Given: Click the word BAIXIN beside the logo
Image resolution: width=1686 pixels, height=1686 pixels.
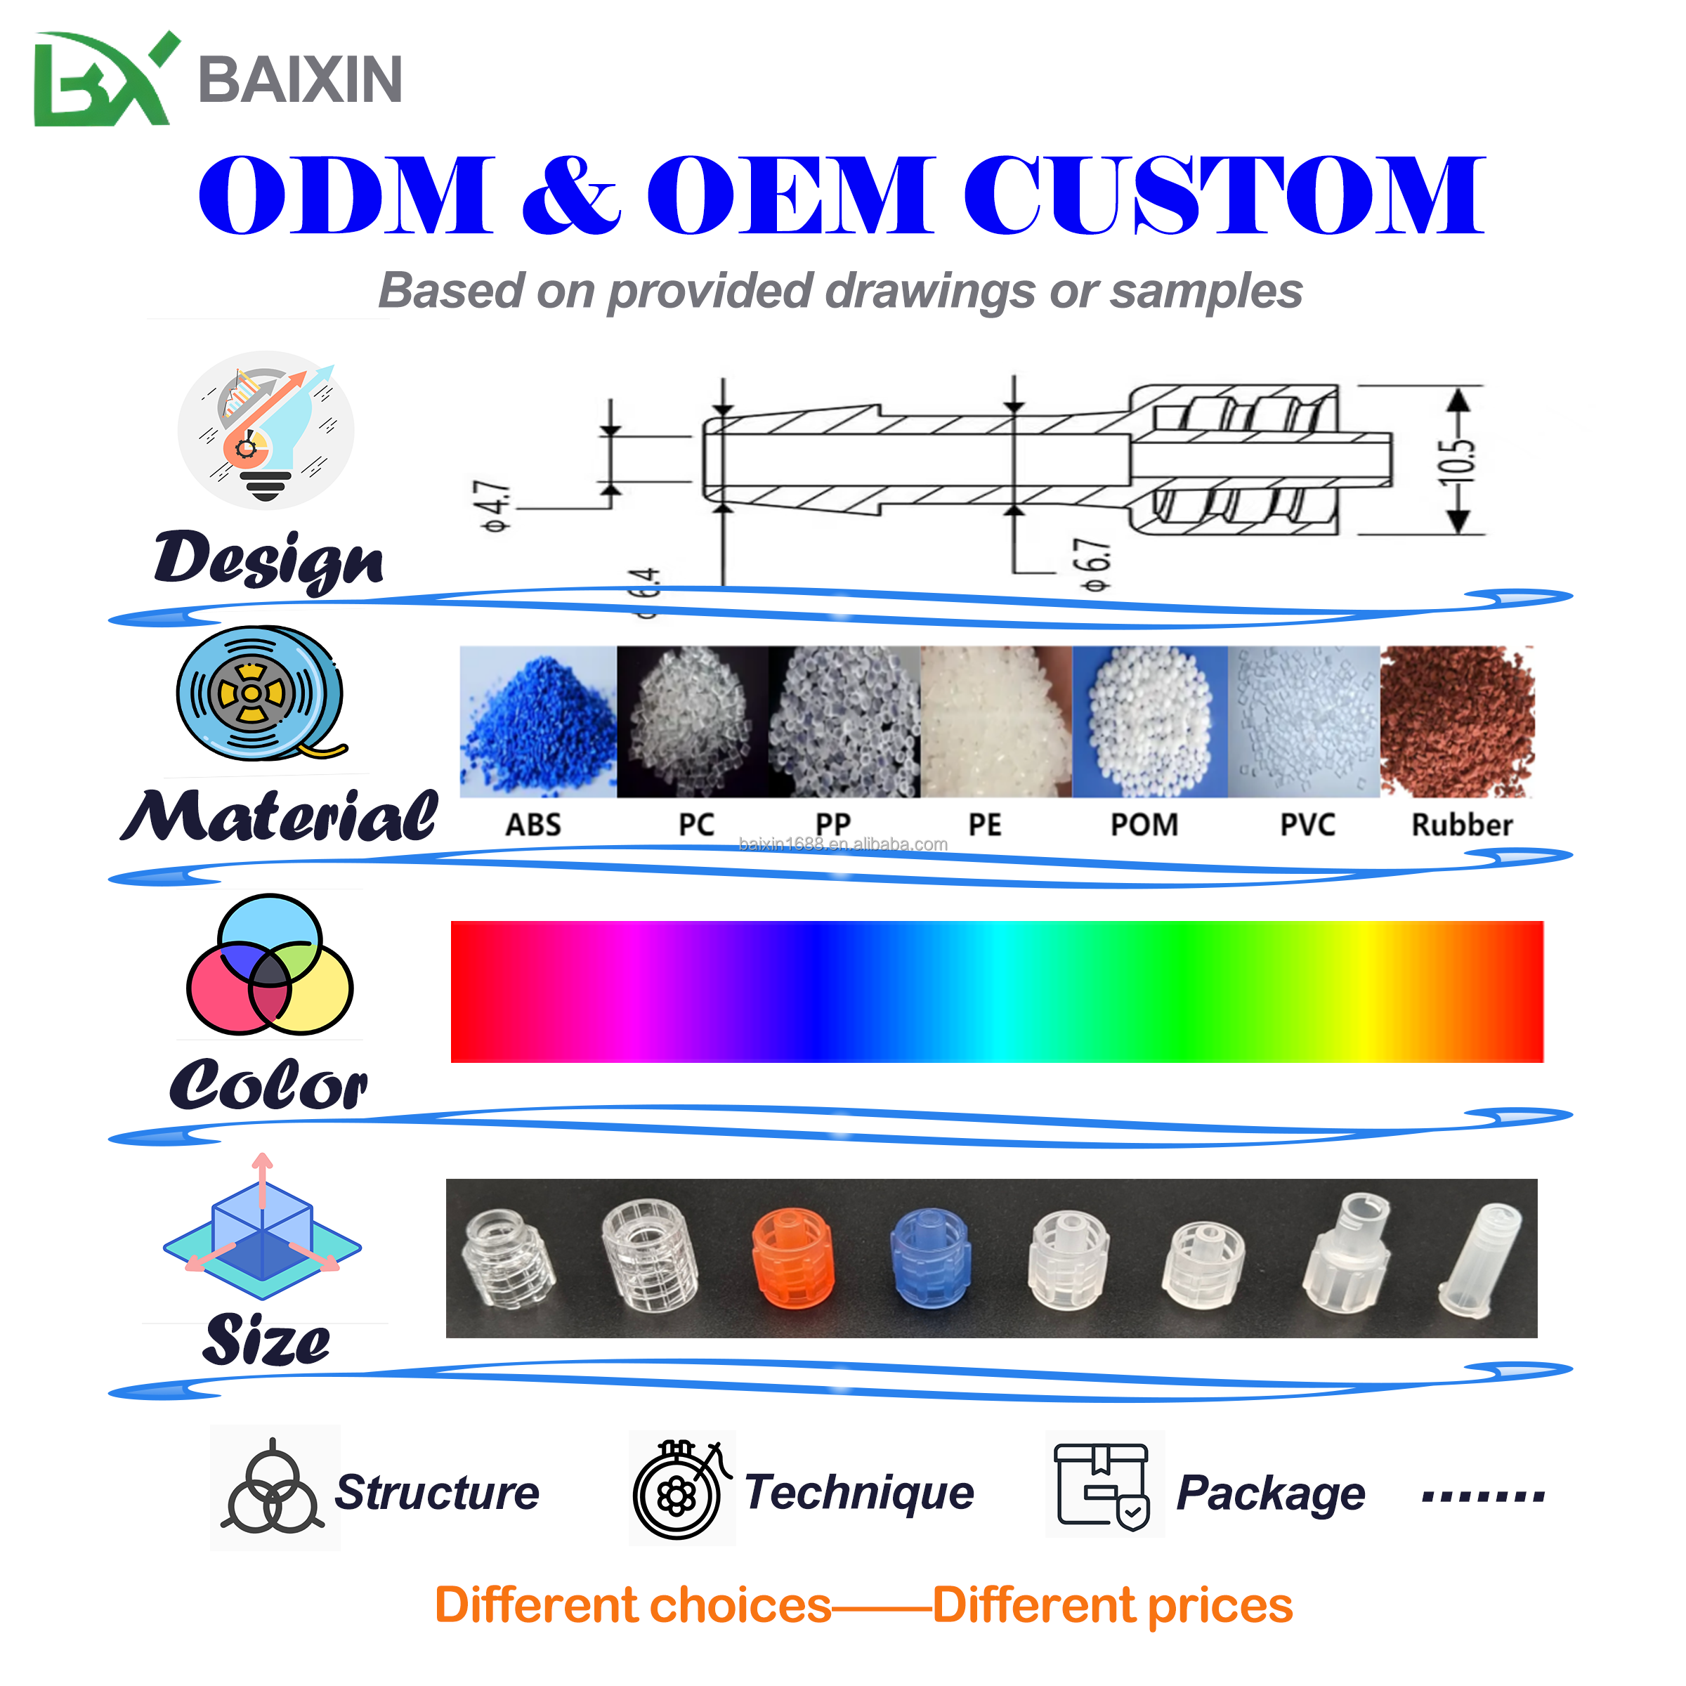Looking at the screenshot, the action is click(x=300, y=79).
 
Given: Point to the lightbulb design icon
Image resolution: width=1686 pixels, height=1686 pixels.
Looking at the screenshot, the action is click(x=266, y=430).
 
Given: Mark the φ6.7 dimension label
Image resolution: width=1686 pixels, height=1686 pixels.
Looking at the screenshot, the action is click(x=1096, y=566).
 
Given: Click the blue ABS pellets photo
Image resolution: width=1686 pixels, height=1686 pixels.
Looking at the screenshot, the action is click(x=537, y=721).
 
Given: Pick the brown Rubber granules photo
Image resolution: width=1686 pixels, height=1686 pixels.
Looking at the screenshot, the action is click(x=1456, y=721).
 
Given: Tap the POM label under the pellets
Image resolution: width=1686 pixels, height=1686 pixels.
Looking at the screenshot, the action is click(x=1144, y=824).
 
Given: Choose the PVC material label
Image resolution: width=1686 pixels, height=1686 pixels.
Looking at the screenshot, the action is click(x=1307, y=824).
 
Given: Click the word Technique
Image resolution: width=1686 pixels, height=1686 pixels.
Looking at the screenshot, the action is click(x=860, y=1492).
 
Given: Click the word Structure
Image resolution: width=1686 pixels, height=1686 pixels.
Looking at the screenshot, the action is click(x=437, y=1492).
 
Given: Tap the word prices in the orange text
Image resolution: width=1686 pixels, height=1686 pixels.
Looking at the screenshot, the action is click(x=1219, y=1607).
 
